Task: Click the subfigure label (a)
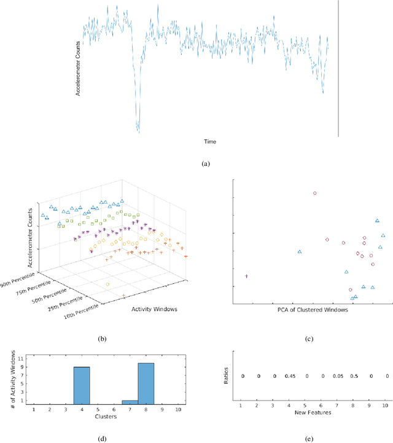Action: tap(205, 164)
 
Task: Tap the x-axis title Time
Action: tap(210, 141)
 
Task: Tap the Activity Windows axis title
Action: tap(154, 309)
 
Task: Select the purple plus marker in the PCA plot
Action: tap(246, 276)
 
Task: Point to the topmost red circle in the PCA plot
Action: tap(315, 193)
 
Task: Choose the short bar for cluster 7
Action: tap(130, 402)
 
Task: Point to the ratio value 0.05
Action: tap(338, 376)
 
